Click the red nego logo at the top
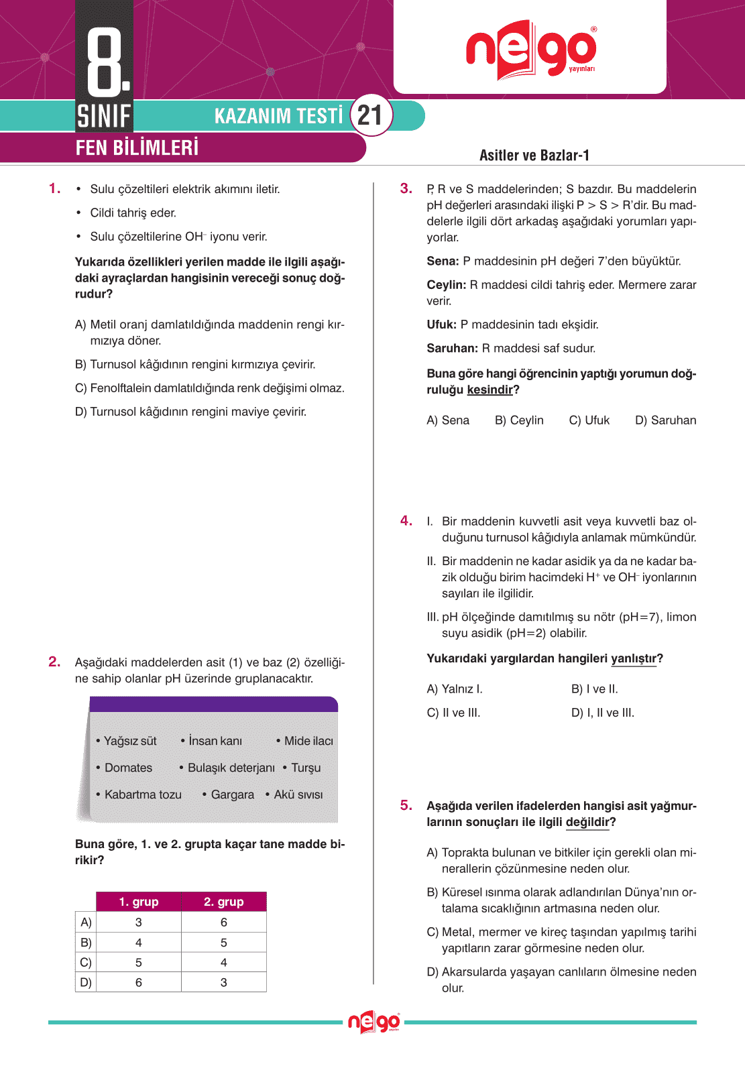pyautogui.click(x=530, y=50)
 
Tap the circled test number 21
pyautogui.click(x=370, y=115)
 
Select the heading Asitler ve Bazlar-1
pyautogui.click(x=534, y=156)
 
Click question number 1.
pyautogui.click(x=55, y=189)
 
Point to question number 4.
pyautogui.click(x=406, y=521)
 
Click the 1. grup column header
pyautogui.click(x=139, y=902)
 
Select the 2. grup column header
pyautogui.click(x=224, y=902)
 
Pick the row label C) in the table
pyautogui.click(x=85, y=962)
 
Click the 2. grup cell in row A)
pyautogui.click(x=224, y=923)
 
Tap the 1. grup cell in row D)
pyautogui.click(x=139, y=982)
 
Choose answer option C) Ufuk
pyautogui.click(x=589, y=420)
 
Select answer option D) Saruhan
pyautogui.click(x=665, y=420)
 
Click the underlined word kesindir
pyautogui.click(x=490, y=390)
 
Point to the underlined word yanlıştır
pyautogui.click(x=633, y=658)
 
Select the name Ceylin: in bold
pyautogui.click(x=446, y=285)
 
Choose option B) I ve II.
pyautogui.click(x=594, y=689)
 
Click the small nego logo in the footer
pyautogui.click(x=374, y=1022)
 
